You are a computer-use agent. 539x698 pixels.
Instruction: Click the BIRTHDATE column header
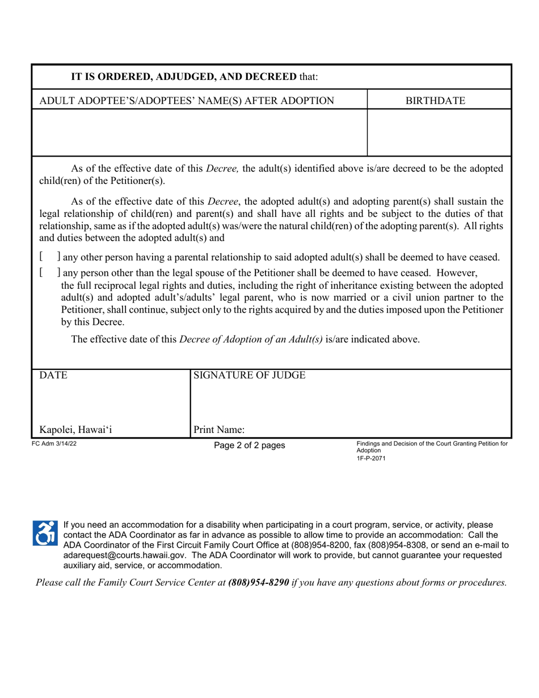(435, 101)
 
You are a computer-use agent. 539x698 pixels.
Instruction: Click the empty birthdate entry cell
(439, 132)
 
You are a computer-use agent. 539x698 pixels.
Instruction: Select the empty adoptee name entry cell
(200, 132)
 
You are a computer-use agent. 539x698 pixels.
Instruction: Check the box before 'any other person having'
(50, 257)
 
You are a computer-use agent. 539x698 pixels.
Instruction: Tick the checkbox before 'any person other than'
(50, 272)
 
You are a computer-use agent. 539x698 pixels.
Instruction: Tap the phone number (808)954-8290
(258, 582)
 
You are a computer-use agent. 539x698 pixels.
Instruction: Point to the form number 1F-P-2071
(371, 457)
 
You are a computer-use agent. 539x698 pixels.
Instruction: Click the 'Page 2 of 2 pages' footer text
(249, 445)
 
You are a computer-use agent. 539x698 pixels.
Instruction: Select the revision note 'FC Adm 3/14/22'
(54, 444)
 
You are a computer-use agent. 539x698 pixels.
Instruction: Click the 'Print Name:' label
(219, 430)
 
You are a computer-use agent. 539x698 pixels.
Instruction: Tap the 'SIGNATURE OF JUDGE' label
(250, 376)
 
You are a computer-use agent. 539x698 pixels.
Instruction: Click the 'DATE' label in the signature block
(53, 376)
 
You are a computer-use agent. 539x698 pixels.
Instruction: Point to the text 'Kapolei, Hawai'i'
(75, 430)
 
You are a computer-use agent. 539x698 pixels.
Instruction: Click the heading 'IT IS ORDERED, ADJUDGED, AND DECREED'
(183, 77)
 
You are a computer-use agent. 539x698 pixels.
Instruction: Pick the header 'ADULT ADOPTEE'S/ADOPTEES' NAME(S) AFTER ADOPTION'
(187, 101)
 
